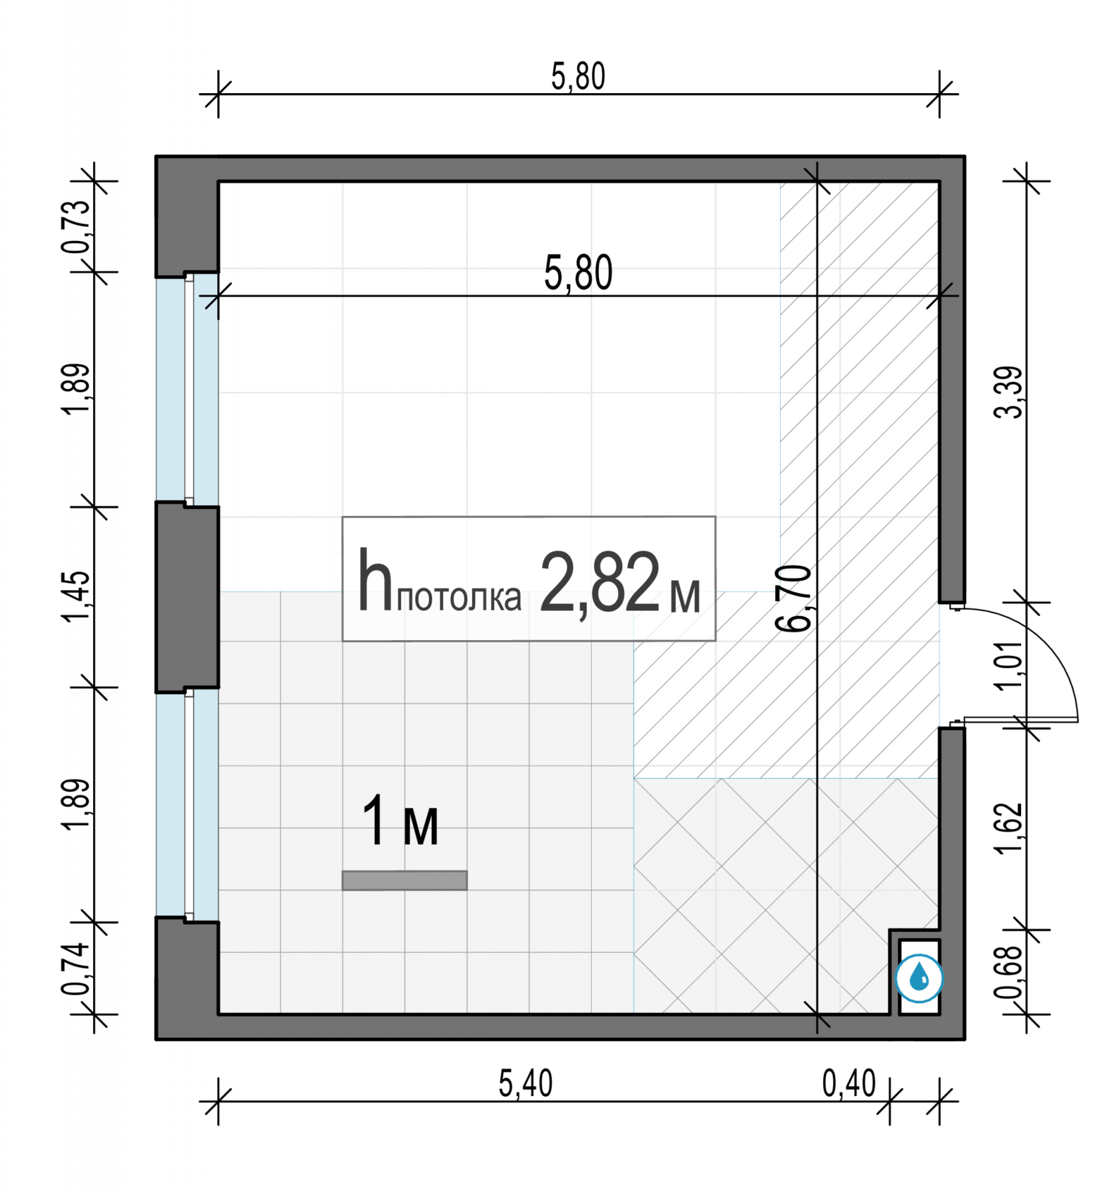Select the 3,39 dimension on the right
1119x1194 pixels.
pyautogui.click(x=1009, y=392)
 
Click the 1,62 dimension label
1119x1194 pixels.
pyautogui.click(x=1009, y=827)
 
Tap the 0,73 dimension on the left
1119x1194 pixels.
pyautogui.click(x=76, y=226)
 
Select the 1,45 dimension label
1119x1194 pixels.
pyautogui.click(x=76, y=597)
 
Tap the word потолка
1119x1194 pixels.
pyautogui.click(x=459, y=599)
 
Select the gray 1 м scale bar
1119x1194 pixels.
pyautogui.click(x=404, y=881)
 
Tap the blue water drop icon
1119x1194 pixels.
pyautogui.click(x=919, y=979)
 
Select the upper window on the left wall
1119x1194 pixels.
pyautogui.click(x=187, y=389)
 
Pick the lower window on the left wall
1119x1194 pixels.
pyautogui.click(x=187, y=805)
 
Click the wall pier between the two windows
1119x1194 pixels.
pyautogui.click(x=187, y=597)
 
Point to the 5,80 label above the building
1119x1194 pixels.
pyautogui.click(x=578, y=77)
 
